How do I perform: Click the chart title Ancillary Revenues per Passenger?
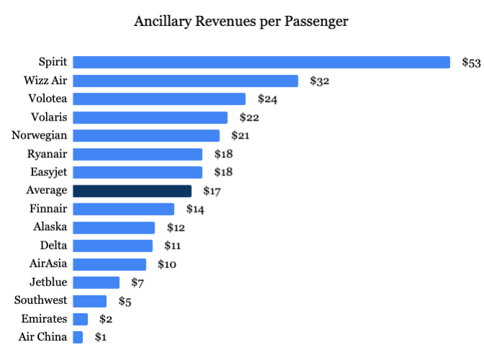pos(241,22)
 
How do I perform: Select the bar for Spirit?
pos(261,63)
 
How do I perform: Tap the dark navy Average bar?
pos(132,190)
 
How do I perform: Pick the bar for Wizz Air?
pos(186,80)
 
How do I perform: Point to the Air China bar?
pos(78,337)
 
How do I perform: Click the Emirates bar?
pos(81,318)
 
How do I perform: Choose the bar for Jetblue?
pos(96,282)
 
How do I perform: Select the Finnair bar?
pos(124,208)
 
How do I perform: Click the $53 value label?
pos(471,63)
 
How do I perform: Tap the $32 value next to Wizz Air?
pos(319,80)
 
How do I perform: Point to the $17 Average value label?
pos(212,190)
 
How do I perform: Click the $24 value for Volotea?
pos(267,99)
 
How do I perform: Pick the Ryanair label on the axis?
pos(47,154)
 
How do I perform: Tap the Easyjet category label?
pos(47,172)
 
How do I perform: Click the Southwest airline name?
pos(41,300)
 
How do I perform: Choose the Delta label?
pos(54,245)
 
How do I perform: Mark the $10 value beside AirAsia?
pos(167,264)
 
